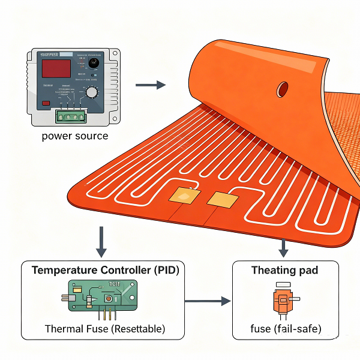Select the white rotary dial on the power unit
click(x=92, y=92)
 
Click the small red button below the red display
click(x=46, y=103)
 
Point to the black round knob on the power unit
click(x=94, y=63)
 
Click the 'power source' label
click(x=75, y=136)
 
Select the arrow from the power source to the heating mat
click(x=150, y=85)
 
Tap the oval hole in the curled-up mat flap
click(x=281, y=89)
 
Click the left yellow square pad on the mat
click(x=182, y=194)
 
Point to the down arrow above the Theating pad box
click(x=284, y=245)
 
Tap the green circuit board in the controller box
click(x=103, y=295)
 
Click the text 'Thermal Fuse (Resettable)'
click(x=105, y=329)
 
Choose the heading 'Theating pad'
click(x=285, y=270)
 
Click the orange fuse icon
click(x=282, y=299)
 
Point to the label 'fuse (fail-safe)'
click(x=286, y=329)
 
